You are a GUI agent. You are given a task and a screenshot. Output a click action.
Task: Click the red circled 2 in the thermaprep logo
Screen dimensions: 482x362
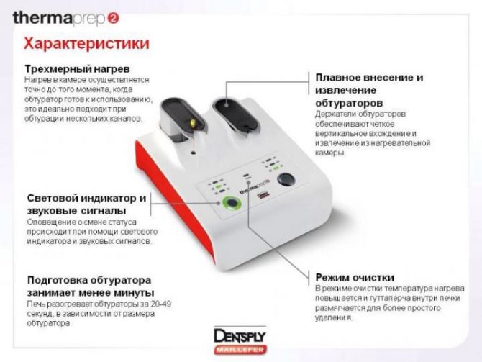tap(113, 19)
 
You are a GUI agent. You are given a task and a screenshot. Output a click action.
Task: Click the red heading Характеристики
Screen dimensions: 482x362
tap(86, 44)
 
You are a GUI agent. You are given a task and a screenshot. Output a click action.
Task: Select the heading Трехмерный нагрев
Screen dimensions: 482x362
tap(77, 68)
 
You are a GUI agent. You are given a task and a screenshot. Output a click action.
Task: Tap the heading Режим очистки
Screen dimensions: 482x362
tap(355, 278)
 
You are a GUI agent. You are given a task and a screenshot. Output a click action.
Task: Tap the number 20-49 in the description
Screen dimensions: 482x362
tap(160, 304)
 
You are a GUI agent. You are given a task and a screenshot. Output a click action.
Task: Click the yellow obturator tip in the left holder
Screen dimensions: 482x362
tap(193, 124)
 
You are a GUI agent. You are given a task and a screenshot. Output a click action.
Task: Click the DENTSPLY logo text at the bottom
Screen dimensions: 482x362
tap(240, 336)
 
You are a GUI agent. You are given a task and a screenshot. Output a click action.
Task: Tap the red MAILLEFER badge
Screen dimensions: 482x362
tap(240, 350)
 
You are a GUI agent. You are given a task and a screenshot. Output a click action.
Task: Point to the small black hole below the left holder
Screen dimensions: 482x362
tap(194, 153)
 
